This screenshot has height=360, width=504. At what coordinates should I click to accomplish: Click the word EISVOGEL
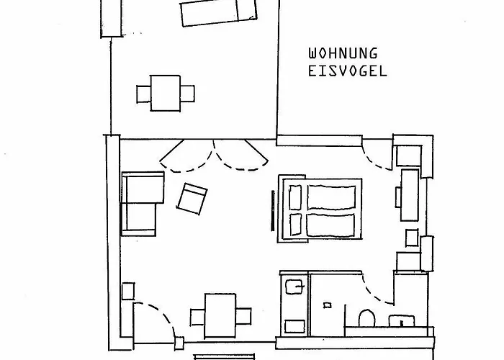pyautogui.click(x=346, y=71)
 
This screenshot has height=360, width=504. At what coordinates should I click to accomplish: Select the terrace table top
pyautogui.click(x=166, y=93)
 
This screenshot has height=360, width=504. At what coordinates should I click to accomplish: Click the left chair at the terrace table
pyautogui.click(x=143, y=93)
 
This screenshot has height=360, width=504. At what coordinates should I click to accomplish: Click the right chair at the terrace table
pyautogui.click(x=188, y=93)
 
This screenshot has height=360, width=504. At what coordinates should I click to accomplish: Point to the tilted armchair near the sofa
pyautogui.click(x=192, y=198)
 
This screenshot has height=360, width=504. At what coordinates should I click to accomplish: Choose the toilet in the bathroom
pyautogui.click(x=365, y=317)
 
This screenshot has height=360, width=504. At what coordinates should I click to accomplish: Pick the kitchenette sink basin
pyautogui.click(x=292, y=288)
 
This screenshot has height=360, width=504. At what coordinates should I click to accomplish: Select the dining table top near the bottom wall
pyautogui.click(x=221, y=314)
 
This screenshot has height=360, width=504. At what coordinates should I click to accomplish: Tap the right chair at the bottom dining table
pyautogui.click(x=245, y=315)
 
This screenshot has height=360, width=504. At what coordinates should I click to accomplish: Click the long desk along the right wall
pyautogui.click(x=410, y=194)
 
